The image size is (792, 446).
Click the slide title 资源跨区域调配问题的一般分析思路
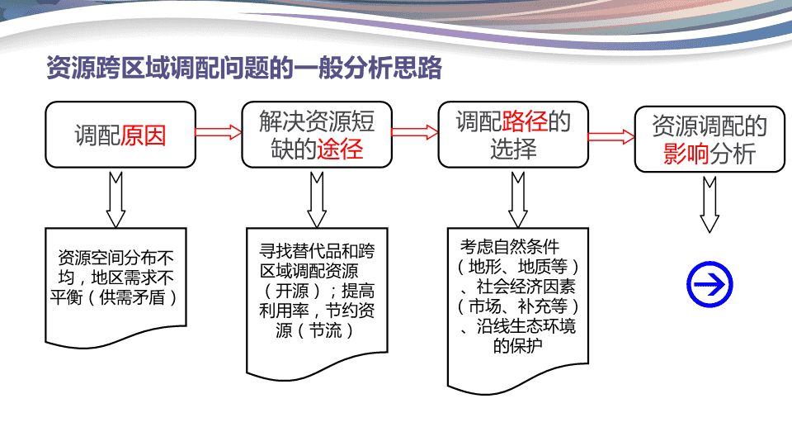(244, 68)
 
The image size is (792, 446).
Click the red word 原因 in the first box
(144, 135)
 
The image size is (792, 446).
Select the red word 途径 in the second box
(340, 149)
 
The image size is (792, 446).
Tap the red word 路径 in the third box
(526, 121)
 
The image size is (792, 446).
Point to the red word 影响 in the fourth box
(686, 154)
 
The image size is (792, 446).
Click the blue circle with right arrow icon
(709, 284)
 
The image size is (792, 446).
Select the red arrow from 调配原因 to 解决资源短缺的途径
(218, 132)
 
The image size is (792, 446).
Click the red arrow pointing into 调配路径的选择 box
(415, 132)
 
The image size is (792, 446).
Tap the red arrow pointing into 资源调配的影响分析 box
(611, 136)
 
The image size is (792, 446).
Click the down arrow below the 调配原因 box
(115, 200)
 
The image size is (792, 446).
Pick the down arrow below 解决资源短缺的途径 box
(317, 200)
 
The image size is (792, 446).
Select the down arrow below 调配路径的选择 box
(518, 200)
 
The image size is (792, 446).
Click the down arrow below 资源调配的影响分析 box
(709, 204)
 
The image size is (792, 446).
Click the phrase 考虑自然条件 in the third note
(510, 247)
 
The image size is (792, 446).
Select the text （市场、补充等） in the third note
(518, 306)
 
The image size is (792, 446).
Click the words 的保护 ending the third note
(518, 346)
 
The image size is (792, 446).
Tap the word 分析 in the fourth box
(733, 154)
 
